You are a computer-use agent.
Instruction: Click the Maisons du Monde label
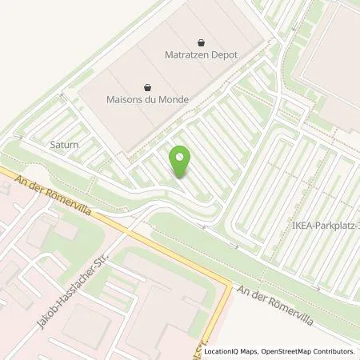click(x=146, y=101)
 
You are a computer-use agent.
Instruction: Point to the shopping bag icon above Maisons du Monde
click(x=146, y=87)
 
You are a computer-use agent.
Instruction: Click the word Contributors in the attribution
click(x=334, y=351)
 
